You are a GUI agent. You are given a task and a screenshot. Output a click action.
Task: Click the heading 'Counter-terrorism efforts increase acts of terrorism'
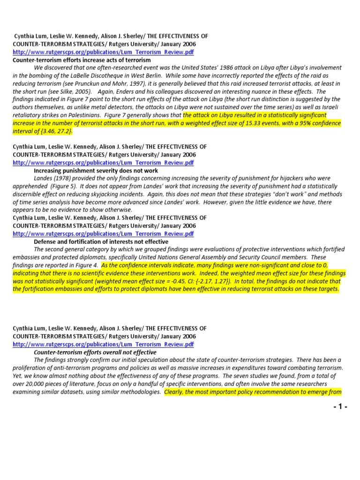(x=82, y=60)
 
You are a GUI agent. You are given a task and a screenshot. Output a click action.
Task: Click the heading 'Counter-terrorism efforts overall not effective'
(x=95, y=352)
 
